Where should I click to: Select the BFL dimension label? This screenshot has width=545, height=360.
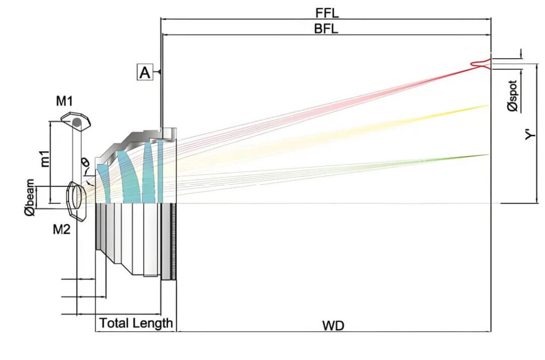(326, 29)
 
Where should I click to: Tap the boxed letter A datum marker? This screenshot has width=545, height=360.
(145, 72)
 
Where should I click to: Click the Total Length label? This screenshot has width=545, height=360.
(136, 323)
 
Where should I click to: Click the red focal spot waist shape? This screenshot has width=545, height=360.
(481, 64)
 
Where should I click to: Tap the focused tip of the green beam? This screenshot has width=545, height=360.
(486, 155)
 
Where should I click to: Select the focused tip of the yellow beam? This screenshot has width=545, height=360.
(486, 106)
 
